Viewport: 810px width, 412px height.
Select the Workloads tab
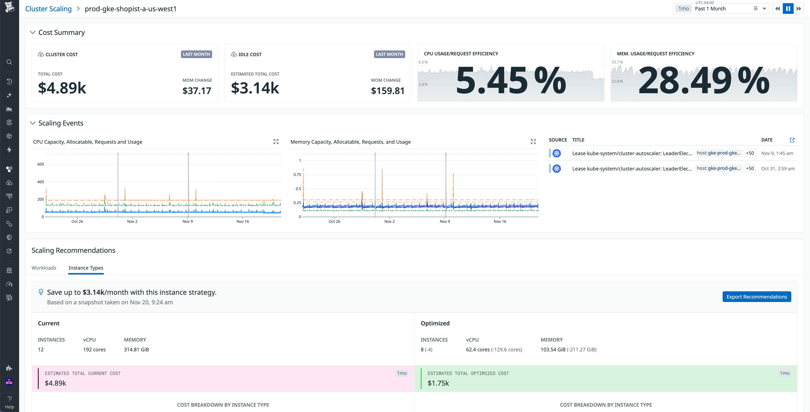(x=44, y=268)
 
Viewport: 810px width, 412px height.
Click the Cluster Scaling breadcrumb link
(x=48, y=9)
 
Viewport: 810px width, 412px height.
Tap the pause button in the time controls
(x=788, y=9)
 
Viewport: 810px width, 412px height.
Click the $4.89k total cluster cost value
(x=62, y=88)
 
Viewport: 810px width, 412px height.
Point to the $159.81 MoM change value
(x=387, y=91)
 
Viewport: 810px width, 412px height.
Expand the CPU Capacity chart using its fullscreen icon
(x=276, y=142)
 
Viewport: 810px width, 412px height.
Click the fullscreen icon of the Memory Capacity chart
(x=533, y=142)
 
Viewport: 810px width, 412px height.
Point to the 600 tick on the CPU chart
(x=41, y=164)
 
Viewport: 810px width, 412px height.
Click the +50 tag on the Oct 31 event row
(x=749, y=168)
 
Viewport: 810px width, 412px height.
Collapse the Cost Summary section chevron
(x=32, y=32)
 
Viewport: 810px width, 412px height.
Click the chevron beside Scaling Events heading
(x=32, y=123)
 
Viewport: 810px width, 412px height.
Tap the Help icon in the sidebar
(x=9, y=402)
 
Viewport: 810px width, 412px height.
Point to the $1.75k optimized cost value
(x=438, y=383)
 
